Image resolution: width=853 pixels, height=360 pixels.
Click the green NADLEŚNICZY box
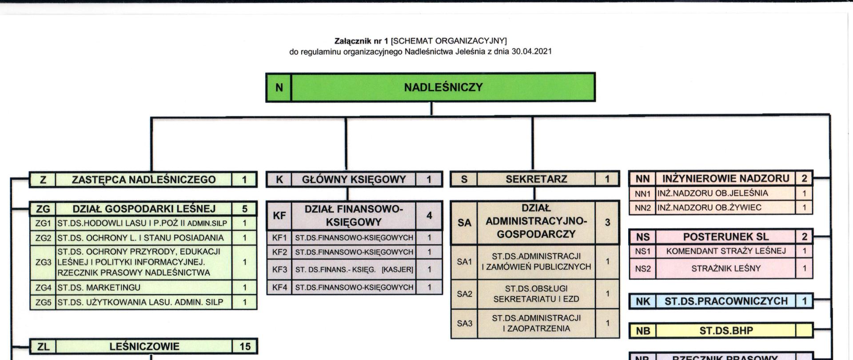tap(443, 88)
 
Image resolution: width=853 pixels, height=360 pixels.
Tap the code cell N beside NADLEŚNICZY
tap(279, 88)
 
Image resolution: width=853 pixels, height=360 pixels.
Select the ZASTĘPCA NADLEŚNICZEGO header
tap(143, 180)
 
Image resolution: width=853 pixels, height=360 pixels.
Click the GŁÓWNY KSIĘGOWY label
tap(354, 180)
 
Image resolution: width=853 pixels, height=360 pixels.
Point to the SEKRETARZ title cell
tap(536, 180)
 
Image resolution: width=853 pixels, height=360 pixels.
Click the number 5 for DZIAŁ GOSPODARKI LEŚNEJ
tap(245, 209)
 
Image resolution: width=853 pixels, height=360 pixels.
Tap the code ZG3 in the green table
tap(43, 262)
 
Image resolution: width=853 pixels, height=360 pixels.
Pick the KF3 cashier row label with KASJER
tap(354, 269)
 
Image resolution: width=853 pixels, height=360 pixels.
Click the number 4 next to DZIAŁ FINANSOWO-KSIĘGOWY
tap(429, 216)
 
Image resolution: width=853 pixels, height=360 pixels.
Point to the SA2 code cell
tap(464, 294)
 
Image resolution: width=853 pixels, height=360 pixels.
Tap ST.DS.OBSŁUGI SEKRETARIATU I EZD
tap(536, 294)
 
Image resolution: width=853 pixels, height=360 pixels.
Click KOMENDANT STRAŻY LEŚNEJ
tap(726, 251)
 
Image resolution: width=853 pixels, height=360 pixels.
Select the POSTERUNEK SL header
tap(726, 237)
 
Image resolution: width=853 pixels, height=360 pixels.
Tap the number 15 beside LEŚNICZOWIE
tap(245, 347)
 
